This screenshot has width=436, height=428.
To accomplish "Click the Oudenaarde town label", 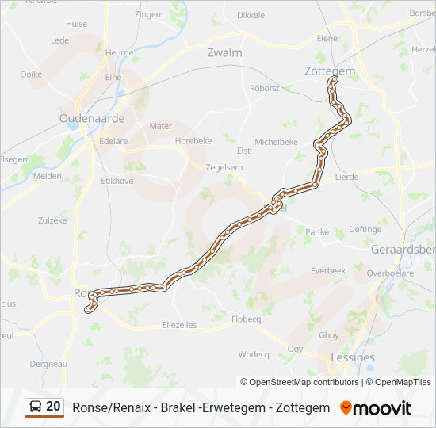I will click(x=92, y=118).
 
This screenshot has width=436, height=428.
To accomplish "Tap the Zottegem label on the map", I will click(x=330, y=71).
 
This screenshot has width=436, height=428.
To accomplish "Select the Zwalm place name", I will click(x=224, y=52).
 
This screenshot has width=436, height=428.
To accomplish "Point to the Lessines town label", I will click(x=353, y=358).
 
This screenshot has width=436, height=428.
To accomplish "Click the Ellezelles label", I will click(x=179, y=325).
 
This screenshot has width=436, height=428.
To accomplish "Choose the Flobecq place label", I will click(x=246, y=319).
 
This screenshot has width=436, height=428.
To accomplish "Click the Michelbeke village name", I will click(x=276, y=142).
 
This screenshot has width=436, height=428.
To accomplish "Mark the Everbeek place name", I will click(x=328, y=270).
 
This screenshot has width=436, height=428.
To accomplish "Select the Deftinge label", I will click(x=365, y=230).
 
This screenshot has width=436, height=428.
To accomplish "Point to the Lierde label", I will click(x=347, y=178).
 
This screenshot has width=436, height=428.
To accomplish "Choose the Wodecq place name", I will click(x=254, y=354).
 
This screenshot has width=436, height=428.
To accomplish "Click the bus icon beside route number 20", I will click(x=35, y=407).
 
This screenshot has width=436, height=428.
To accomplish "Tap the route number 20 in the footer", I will click(x=53, y=407).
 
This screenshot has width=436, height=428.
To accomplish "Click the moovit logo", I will click(x=376, y=408).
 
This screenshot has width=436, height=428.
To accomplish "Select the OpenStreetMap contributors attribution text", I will click(x=300, y=382).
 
